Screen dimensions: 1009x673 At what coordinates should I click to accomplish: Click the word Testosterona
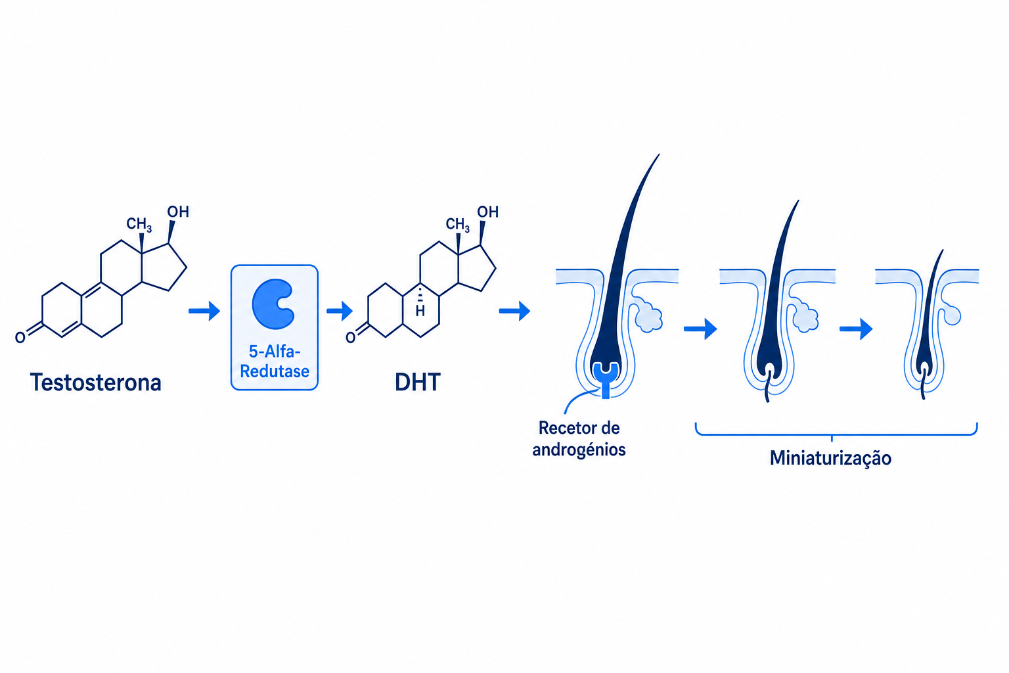tap(95, 383)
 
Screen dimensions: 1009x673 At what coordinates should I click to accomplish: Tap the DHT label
tap(418, 383)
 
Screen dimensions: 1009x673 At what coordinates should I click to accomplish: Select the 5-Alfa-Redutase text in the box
tap(275, 361)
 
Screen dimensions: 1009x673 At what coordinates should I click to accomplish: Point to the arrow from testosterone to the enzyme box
tap(204, 311)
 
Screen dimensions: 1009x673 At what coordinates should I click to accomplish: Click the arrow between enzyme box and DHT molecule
tap(340, 311)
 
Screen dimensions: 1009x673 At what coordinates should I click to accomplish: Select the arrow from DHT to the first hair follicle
tap(514, 311)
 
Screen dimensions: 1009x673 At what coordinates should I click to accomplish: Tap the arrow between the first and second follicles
tap(700, 329)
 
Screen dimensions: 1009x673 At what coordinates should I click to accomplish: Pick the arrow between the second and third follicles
tap(856, 329)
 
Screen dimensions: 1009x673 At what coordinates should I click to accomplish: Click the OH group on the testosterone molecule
tap(178, 212)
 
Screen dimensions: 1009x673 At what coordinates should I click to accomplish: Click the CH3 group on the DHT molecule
tap(458, 225)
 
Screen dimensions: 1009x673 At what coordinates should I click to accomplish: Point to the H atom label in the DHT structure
tap(420, 311)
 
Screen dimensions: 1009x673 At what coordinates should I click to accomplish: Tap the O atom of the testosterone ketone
tap(20, 337)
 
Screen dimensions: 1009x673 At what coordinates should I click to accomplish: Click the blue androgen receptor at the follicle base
tap(606, 379)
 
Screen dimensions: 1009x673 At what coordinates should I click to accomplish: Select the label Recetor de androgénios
tap(579, 438)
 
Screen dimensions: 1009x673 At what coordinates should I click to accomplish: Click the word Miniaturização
tap(830, 459)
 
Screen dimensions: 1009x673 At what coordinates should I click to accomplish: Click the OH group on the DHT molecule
tap(488, 212)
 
